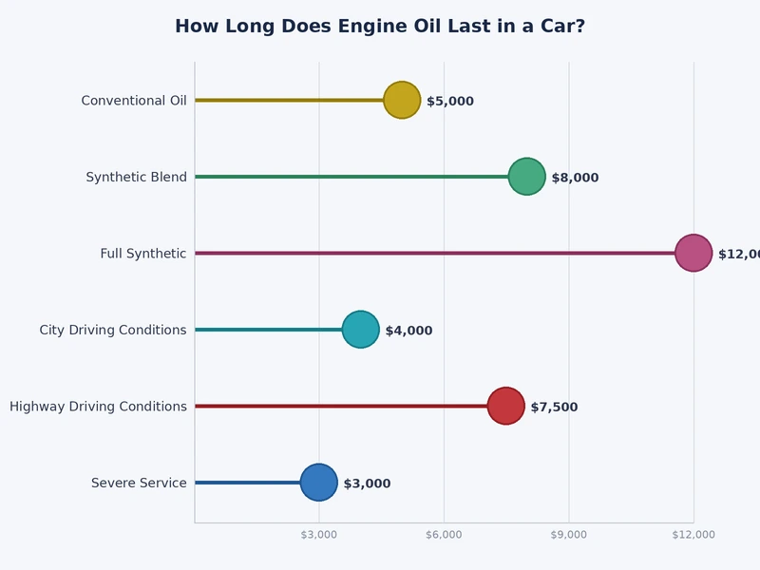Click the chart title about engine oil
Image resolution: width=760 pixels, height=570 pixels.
380,27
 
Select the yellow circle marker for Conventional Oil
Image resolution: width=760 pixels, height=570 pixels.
402,100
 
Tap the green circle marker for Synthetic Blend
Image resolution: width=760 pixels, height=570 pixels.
526,177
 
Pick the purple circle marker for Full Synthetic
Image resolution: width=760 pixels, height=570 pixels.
693,253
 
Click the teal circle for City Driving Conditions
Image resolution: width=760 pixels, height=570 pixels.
360,330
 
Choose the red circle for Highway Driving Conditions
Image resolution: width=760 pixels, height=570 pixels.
505,406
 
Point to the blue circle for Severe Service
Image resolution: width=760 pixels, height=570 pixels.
318,483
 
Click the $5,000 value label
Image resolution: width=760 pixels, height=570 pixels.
450,102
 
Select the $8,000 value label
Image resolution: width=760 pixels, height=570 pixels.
575,178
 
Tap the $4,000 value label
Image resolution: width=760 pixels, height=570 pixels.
408,331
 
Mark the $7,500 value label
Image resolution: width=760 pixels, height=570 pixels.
554,408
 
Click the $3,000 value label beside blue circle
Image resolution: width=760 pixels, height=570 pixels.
367,484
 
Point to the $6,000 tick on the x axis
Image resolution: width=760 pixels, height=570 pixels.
444,535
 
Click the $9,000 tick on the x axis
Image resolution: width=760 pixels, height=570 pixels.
568,535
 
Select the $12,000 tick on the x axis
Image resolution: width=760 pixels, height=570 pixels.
693,535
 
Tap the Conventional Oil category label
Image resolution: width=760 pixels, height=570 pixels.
134,101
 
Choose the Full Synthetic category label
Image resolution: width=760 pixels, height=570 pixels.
143,254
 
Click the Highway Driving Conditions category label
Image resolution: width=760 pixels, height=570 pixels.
98,407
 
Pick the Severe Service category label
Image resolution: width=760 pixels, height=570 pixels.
139,484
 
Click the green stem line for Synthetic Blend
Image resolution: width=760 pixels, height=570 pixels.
351,177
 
